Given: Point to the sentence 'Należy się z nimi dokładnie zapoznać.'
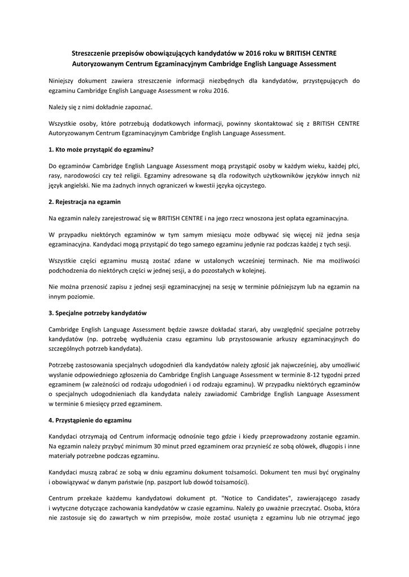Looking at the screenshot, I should point(100,106).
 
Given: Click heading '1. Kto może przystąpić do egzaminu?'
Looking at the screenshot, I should point(102,149).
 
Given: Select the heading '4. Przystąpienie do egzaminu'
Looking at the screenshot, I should point(90,420).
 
